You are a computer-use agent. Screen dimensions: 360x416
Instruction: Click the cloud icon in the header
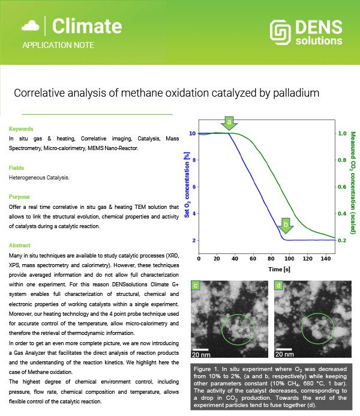point(31,26)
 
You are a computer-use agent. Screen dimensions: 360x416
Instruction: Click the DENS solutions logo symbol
point(280,32)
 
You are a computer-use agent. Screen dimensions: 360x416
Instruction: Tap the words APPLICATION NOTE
point(58,45)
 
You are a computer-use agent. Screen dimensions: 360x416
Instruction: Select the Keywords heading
point(21,129)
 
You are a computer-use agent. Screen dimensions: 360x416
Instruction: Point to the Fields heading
point(16,168)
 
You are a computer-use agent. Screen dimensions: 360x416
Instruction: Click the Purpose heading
point(19,197)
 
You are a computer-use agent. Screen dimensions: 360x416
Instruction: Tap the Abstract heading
point(20,246)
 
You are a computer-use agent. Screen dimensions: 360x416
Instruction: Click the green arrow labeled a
point(229,123)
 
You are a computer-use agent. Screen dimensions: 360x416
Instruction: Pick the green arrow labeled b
point(286,226)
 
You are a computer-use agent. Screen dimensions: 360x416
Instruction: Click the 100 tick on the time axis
point(289,259)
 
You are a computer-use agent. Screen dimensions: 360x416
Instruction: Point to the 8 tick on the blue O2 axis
point(194,160)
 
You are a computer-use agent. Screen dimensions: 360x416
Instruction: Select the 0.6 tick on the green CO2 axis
point(342,187)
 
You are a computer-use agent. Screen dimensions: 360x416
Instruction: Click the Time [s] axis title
point(279,270)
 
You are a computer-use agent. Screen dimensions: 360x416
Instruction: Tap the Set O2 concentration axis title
point(187,185)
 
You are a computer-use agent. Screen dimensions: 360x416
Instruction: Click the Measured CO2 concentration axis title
point(353,183)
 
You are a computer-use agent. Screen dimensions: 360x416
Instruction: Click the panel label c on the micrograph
point(196,286)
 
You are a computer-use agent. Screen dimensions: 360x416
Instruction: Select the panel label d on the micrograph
point(278,286)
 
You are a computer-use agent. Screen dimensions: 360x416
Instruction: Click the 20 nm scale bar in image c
point(200,350)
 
